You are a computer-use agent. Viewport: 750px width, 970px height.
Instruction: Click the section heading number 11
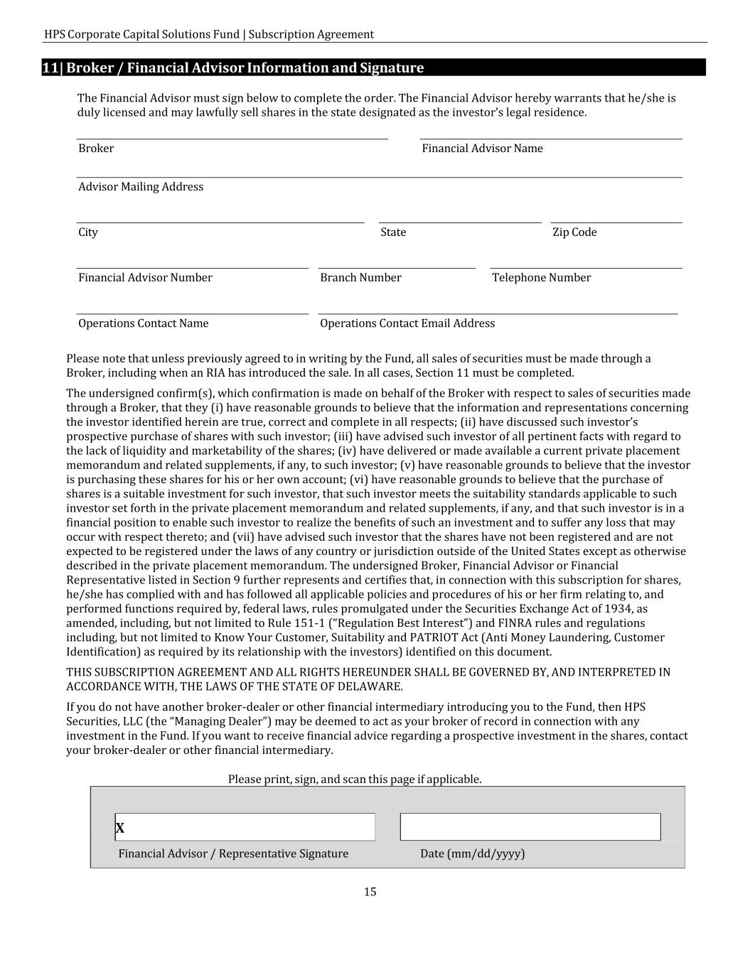(50, 68)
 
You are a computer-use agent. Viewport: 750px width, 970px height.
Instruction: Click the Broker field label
(96, 149)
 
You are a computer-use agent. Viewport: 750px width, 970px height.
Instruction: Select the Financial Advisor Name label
(482, 149)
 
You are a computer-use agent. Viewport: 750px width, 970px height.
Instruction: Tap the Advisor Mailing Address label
(141, 187)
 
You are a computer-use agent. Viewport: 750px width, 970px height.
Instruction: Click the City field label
(88, 232)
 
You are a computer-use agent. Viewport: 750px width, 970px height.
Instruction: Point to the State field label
(393, 232)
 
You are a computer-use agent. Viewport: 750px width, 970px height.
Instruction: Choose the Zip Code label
(574, 232)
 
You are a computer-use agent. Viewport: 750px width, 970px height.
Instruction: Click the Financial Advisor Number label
(145, 278)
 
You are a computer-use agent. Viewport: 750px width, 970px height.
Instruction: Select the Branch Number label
(360, 278)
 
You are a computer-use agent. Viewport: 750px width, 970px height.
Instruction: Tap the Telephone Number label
(541, 278)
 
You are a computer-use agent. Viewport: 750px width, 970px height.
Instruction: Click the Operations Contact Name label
(144, 323)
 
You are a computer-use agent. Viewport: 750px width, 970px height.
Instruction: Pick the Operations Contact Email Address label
(407, 323)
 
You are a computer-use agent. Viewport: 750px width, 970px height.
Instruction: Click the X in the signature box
(120, 828)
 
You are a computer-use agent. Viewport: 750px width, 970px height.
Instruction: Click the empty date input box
(530, 827)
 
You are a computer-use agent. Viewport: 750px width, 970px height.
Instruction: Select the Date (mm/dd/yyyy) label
(472, 853)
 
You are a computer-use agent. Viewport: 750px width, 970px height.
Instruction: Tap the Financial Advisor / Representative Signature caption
(233, 853)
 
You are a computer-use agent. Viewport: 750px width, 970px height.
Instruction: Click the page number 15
(370, 892)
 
